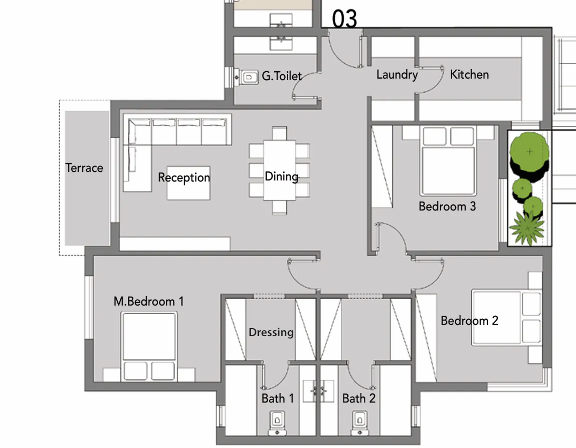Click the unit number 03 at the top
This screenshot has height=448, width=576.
coord(345,19)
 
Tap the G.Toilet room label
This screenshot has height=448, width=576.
coord(282,76)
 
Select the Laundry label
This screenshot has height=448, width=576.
coord(397,75)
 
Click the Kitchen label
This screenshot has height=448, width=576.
coord(469,75)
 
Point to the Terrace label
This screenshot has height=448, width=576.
coord(84,168)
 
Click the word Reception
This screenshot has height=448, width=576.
coord(184,177)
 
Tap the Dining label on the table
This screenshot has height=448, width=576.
coord(281,176)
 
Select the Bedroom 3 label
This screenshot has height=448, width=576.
coord(447,206)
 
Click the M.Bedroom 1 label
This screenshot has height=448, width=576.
coord(148,301)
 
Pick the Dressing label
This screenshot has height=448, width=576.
coord(271,332)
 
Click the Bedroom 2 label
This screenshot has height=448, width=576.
coord(469,321)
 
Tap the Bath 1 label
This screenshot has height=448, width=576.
coord(277,399)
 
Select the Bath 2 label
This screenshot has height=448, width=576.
coord(358,399)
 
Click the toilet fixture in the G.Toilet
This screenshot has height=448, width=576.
coord(248,77)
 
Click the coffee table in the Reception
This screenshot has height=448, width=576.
coord(188,183)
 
